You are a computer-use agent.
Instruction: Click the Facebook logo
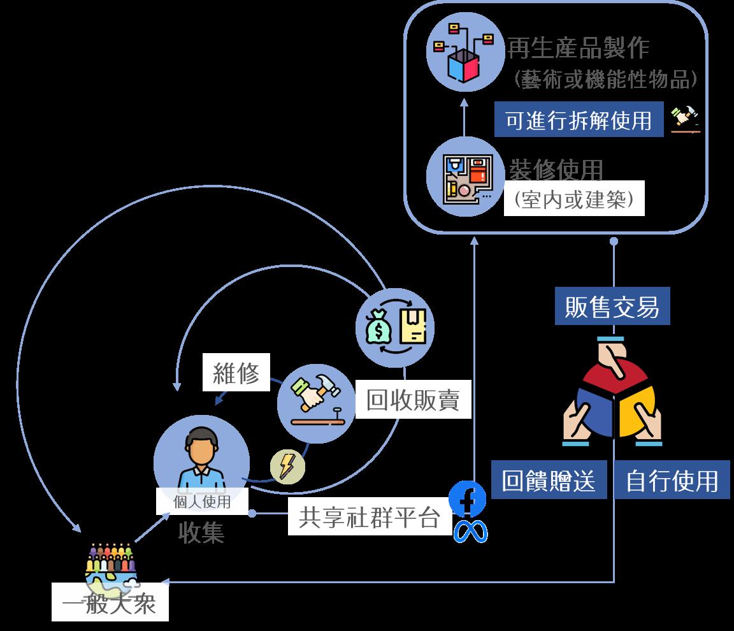[x=467, y=500]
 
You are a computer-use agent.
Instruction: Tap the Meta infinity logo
[x=470, y=532]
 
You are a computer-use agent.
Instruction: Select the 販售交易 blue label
[x=612, y=307]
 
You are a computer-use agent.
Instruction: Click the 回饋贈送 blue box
[x=549, y=481]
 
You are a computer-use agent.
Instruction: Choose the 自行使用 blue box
[x=672, y=481]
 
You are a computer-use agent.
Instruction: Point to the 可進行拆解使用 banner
[x=579, y=120]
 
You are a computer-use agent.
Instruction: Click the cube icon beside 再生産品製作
[x=463, y=54]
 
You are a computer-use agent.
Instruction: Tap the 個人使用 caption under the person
[x=202, y=502]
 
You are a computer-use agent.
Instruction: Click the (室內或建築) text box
[x=574, y=199]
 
